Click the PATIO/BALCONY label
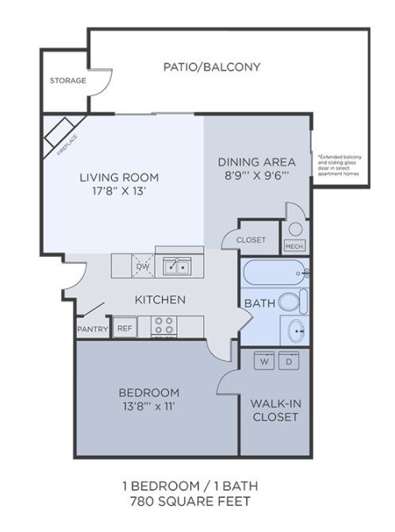[x=212, y=67]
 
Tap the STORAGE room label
[x=67, y=80]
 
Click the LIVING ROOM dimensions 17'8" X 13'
[x=118, y=191]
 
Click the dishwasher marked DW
[x=144, y=266]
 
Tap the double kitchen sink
[x=176, y=266]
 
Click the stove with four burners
[x=163, y=326]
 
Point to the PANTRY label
[x=92, y=329]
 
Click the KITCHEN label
[x=159, y=300]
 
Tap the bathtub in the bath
[x=274, y=274]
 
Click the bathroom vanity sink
[x=294, y=330]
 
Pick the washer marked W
[x=263, y=361]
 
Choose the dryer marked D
[x=288, y=361]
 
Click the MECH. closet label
[x=294, y=247]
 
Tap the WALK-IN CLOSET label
[x=274, y=410]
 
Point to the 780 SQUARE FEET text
[x=190, y=501]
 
